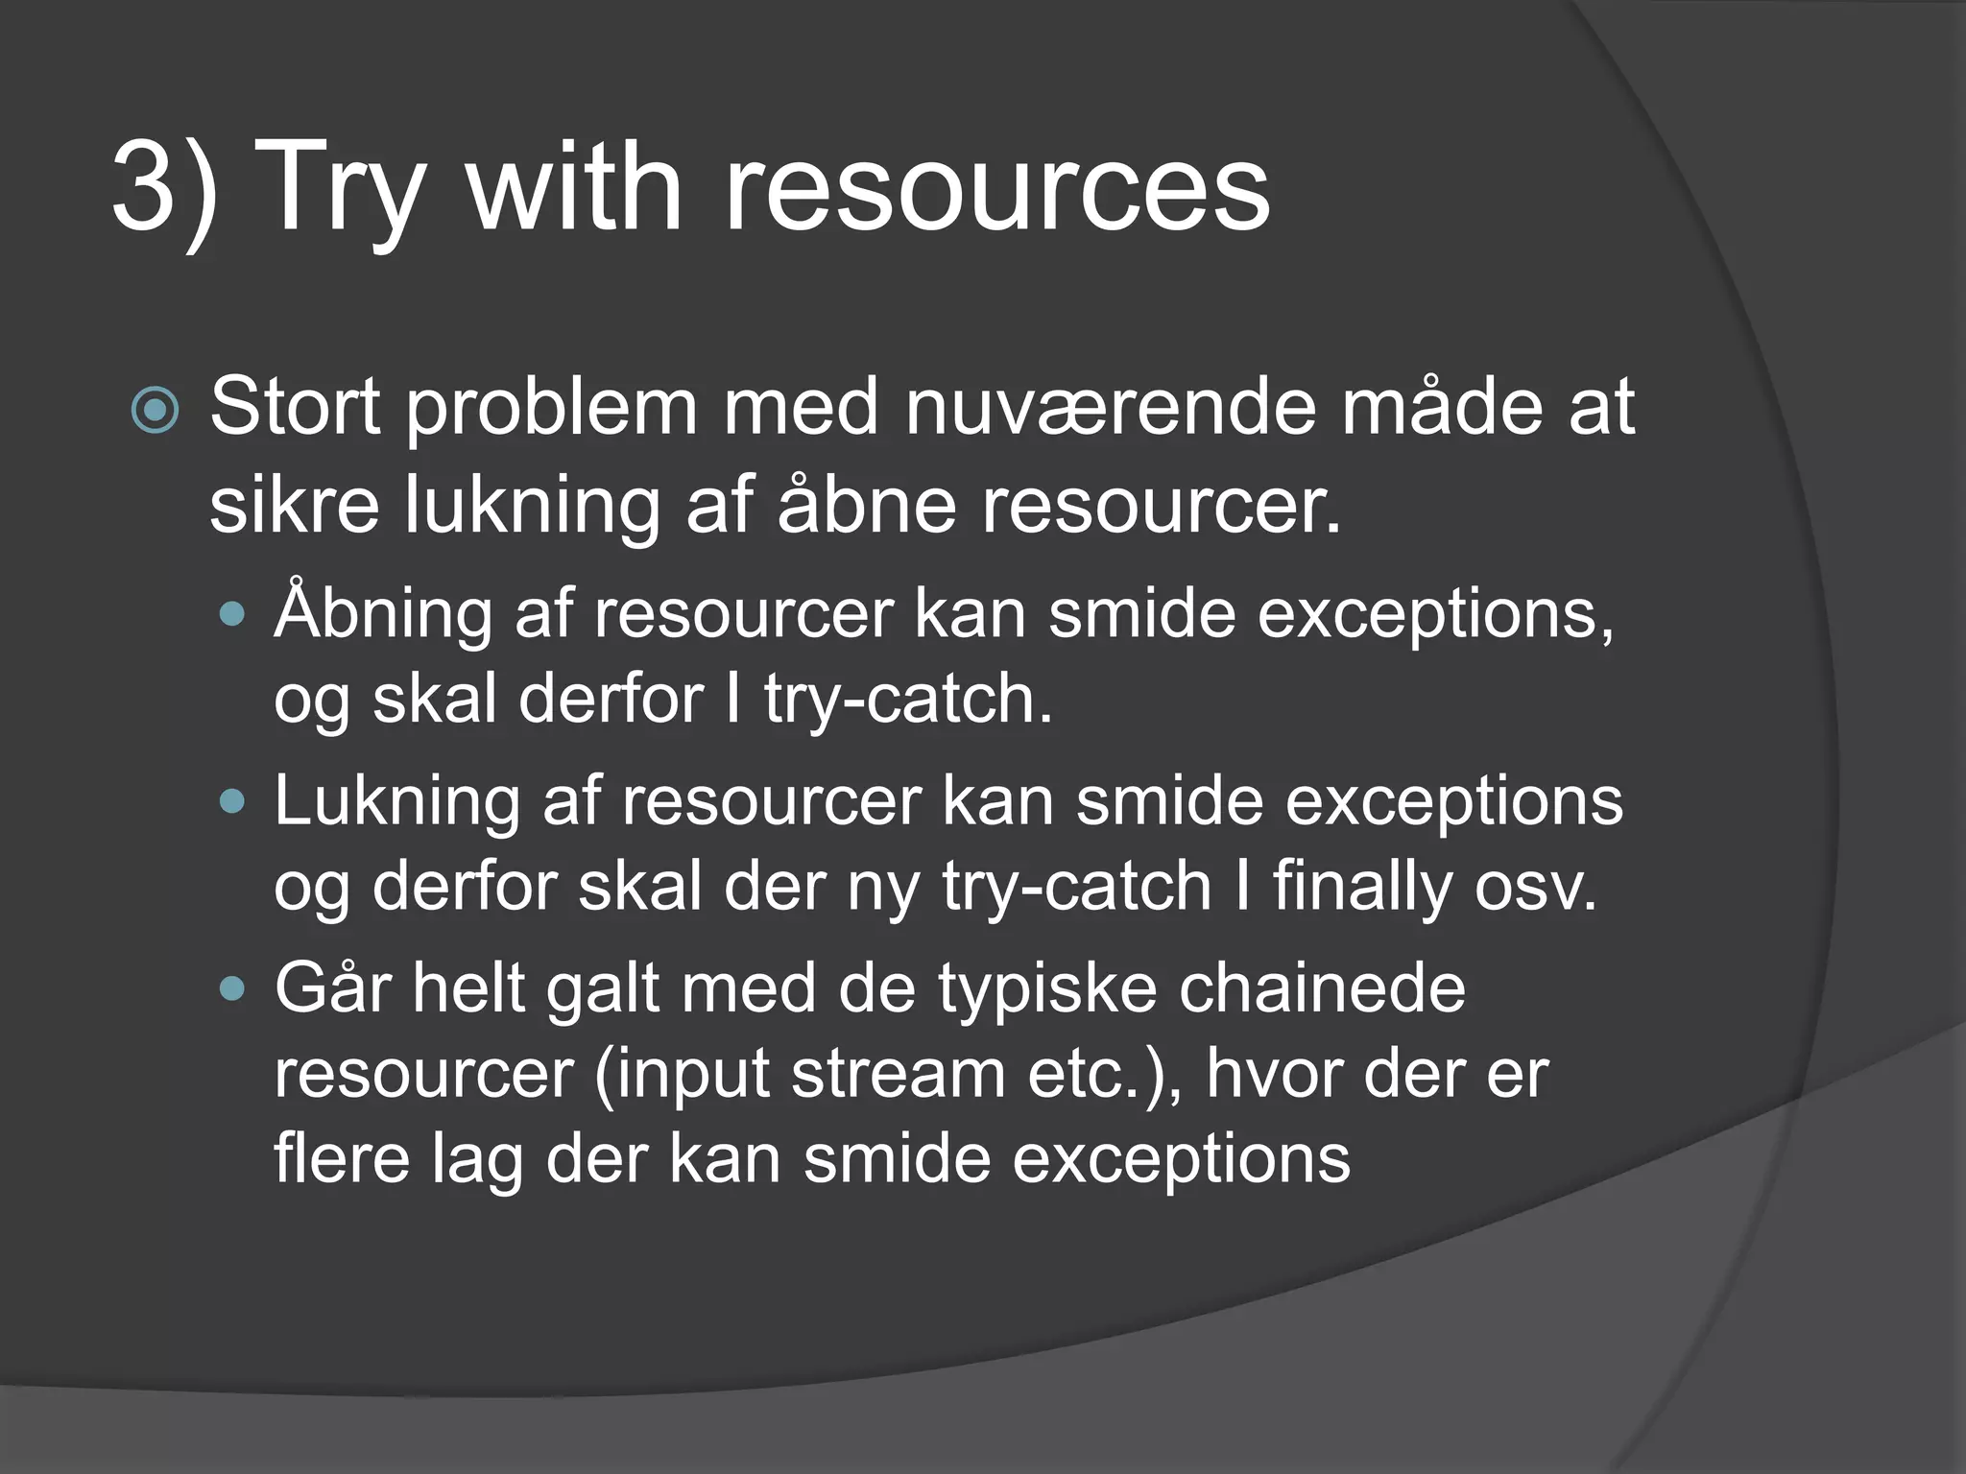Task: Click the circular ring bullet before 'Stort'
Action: coord(155,412)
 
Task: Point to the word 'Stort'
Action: coord(295,408)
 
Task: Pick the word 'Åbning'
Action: coord(382,613)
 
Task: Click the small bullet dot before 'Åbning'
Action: coord(232,614)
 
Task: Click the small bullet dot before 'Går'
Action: coord(232,988)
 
